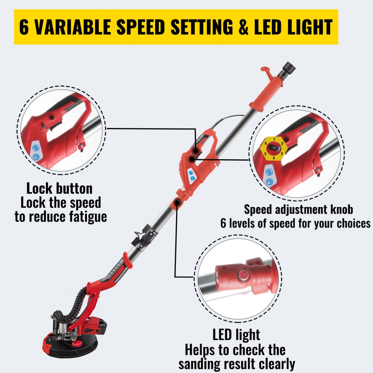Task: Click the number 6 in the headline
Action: point(25,27)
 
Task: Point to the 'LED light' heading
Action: point(236,335)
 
